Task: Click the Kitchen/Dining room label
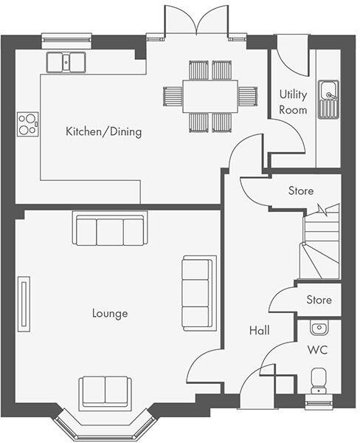click(x=103, y=132)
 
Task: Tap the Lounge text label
click(x=110, y=313)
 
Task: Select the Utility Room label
click(x=293, y=102)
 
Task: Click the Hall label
click(x=258, y=331)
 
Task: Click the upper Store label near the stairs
click(x=300, y=190)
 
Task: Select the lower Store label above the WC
click(x=319, y=300)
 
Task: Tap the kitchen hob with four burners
click(x=28, y=123)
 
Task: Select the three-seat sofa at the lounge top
click(x=110, y=229)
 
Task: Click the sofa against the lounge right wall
click(x=199, y=293)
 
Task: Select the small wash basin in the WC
click(x=319, y=327)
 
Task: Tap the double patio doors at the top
click(x=195, y=20)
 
